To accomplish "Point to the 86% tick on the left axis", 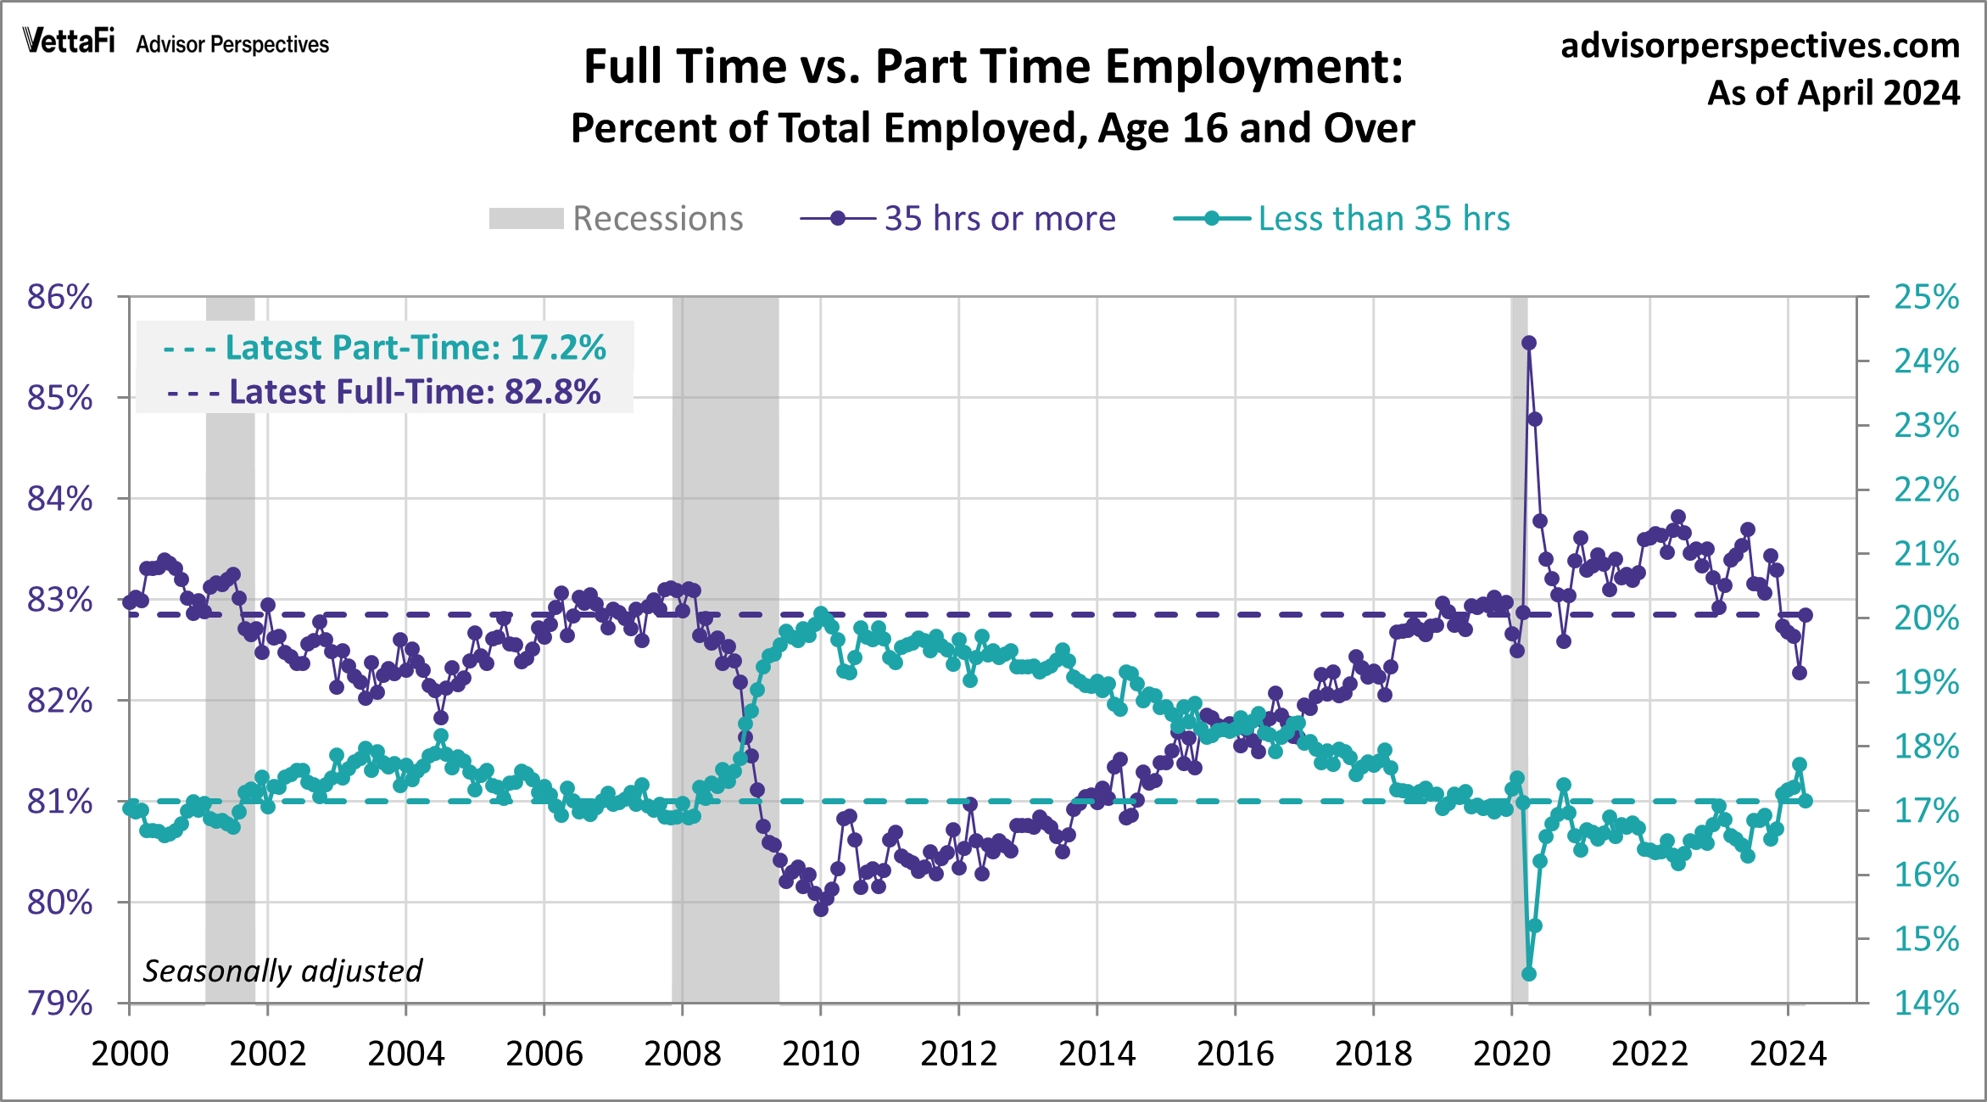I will point(60,297).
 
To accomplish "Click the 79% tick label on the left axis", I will point(60,1003).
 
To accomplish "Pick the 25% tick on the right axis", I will point(1926,297).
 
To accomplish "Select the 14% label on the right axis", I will point(1926,1003).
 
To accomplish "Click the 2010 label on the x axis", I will point(820,1054).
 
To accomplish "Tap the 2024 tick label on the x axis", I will point(1788,1054).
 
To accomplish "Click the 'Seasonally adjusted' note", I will point(282,971).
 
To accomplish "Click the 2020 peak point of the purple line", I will point(1529,343).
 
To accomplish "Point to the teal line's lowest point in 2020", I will point(1529,974).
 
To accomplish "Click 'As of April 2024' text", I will point(1833,93).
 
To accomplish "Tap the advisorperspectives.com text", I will point(1760,46).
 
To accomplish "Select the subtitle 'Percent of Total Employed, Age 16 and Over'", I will point(993,129).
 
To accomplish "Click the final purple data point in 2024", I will point(1806,615).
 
